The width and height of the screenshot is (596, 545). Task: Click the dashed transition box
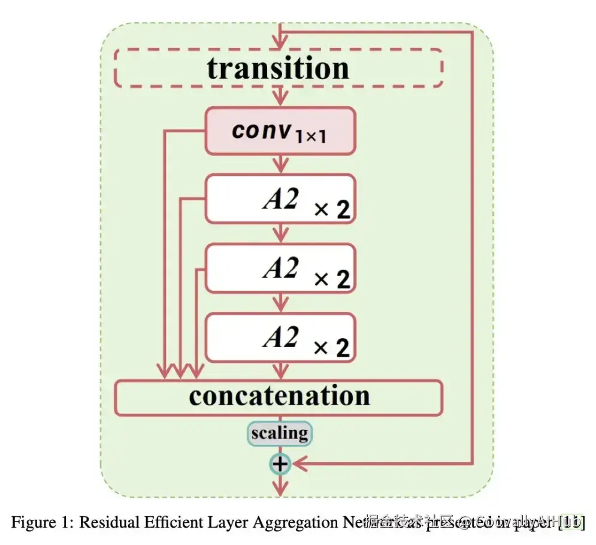coord(278,68)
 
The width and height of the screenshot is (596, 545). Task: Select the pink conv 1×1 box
coord(280,131)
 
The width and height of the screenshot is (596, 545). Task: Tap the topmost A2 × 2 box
coord(280,199)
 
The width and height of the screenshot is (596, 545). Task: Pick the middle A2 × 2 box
coord(280,267)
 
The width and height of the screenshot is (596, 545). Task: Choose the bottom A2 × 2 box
coord(280,336)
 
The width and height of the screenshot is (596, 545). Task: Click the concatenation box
coord(279,397)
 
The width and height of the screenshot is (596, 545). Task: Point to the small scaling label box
coord(280,433)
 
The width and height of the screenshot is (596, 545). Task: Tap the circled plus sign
coord(280,463)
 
